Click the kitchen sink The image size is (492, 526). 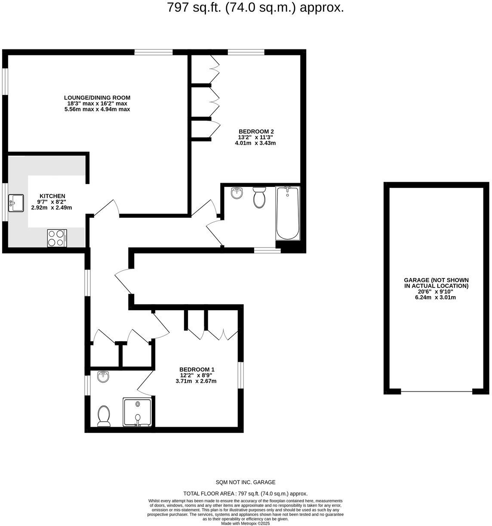click(17, 203)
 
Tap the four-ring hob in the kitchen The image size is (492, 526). click(57, 238)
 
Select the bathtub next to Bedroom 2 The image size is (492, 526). click(287, 213)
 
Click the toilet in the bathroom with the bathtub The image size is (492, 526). click(259, 198)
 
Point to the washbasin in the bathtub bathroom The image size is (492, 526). click(237, 194)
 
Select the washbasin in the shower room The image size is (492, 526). click(104, 377)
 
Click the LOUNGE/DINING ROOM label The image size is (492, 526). click(97, 98)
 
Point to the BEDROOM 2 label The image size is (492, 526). click(256, 131)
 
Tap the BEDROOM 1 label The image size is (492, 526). click(197, 370)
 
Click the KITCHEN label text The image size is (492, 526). click(52, 196)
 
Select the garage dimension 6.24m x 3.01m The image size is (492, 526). click(436, 297)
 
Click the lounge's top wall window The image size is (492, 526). click(154, 52)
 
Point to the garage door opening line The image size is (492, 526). click(436, 391)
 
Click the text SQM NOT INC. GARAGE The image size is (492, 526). click(245, 482)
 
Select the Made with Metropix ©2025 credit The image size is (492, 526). click(245, 523)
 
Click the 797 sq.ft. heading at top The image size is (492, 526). click(255, 8)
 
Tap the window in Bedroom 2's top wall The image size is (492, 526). click(246, 52)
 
